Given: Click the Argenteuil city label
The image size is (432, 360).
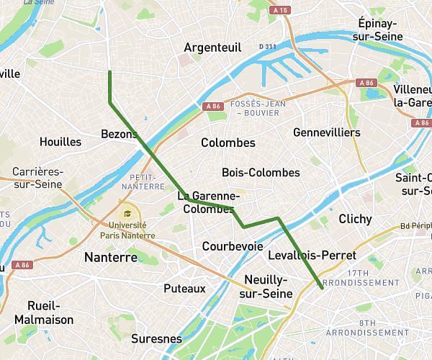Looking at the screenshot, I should pos(212,47).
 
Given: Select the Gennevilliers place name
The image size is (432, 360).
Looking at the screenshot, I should pos(327,133).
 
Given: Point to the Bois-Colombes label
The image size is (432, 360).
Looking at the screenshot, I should pos(261,173).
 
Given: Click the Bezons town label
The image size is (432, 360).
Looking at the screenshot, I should pos(119,134).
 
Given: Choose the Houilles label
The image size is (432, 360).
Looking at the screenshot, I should pos(60,142).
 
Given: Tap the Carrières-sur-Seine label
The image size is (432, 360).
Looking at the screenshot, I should pos(37,179).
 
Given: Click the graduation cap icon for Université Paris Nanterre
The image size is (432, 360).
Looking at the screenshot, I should pos(127,214).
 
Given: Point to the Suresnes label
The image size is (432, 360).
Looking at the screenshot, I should pos(156,338).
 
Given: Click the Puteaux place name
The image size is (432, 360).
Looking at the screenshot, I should pos(184,289).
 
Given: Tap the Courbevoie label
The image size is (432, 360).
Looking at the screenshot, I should pos(233,246).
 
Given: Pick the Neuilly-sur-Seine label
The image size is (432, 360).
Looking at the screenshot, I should pos(268,286).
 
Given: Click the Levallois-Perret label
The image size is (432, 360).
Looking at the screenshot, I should pos(311,256).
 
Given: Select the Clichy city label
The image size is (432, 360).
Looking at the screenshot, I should pos(355,219).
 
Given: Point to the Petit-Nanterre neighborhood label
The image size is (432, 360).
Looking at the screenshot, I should pos(143,181).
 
